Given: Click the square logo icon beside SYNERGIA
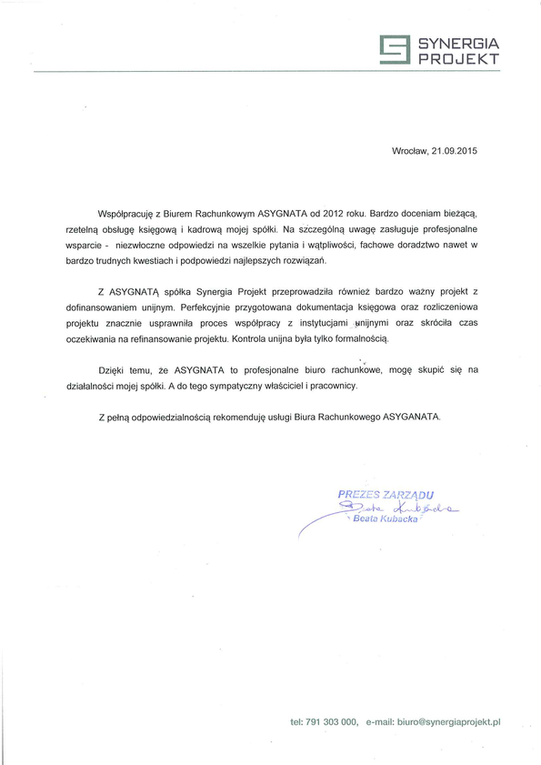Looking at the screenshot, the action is tap(394, 51).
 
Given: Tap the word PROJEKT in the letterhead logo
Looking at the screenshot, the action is tap(459, 59).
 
